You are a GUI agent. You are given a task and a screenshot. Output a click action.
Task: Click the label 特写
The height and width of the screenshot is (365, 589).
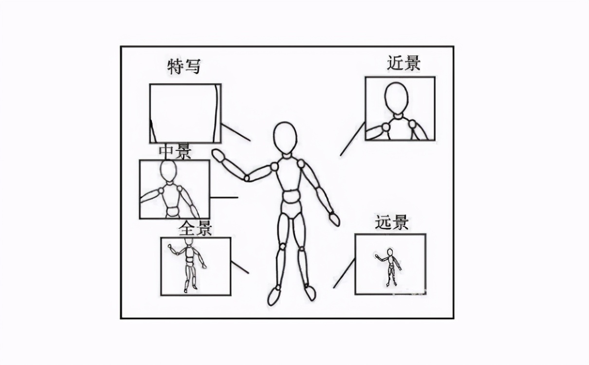(x=184, y=67)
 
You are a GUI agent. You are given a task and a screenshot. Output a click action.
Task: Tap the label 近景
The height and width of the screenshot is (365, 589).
(x=404, y=63)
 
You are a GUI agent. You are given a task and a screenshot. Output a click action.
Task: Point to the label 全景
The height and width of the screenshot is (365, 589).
(x=195, y=228)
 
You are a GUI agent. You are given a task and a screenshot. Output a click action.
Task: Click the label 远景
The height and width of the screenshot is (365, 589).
(x=391, y=222)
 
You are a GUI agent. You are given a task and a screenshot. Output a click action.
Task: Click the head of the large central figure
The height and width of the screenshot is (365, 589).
(x=285, y=138)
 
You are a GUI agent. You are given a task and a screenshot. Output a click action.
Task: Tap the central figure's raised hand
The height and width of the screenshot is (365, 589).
(x=218, y=155)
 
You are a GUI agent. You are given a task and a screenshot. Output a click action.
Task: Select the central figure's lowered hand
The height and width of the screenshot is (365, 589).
(x=334, y=219)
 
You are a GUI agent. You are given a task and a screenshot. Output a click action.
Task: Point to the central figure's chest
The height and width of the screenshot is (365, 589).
(x=290, y=173)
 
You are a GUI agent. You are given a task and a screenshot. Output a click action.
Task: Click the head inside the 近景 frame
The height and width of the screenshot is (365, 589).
(x=397, y=98)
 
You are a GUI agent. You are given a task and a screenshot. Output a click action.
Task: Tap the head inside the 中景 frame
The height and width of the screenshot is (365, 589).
(x=168, y=171)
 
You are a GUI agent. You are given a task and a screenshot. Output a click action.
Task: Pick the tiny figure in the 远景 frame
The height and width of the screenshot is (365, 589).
(x=390, y=267)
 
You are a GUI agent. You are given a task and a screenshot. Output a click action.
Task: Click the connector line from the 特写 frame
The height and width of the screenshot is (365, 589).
(x=236, y=133)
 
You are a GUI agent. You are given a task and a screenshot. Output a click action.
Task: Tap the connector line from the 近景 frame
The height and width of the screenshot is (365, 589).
(x=352, y=139)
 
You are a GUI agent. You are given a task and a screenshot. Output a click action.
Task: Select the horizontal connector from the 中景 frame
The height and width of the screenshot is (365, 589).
(x=224, y=198)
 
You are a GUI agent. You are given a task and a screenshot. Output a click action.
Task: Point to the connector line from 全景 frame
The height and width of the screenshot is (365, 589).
(x=239, y=267)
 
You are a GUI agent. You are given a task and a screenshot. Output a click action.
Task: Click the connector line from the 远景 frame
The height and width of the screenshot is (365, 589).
(x=344, y=273)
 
